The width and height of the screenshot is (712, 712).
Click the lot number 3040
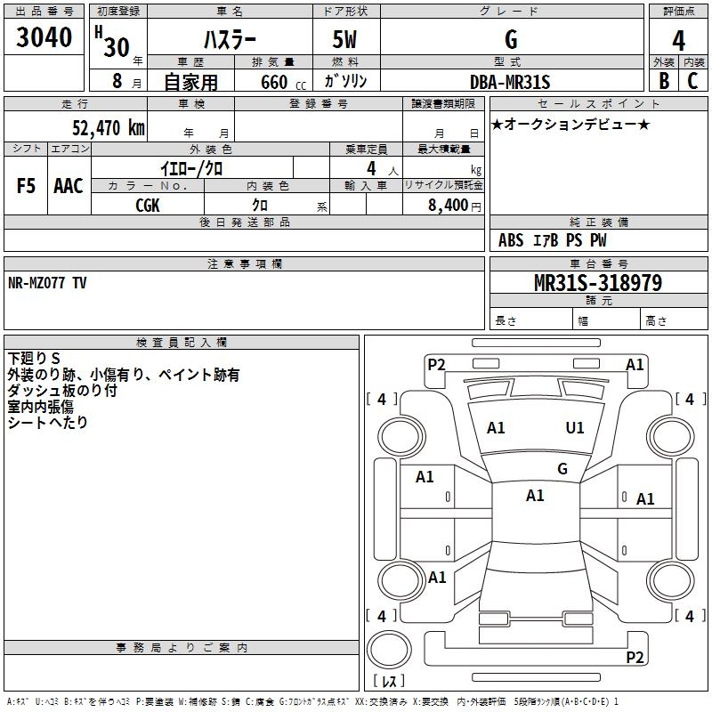44,39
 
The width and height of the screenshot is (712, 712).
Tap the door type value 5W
345,41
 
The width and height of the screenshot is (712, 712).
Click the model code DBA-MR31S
510,82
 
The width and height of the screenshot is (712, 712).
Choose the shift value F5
26,186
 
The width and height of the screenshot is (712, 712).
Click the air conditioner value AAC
69,186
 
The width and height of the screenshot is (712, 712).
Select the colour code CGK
148,205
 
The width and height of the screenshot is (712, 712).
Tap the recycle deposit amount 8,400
447,205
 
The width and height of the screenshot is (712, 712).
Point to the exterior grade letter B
663,81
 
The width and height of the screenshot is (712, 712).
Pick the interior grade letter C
692,81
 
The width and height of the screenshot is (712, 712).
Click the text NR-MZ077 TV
48,282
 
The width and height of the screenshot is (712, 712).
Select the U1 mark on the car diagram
575,428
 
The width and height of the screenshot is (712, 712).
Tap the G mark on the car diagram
562,469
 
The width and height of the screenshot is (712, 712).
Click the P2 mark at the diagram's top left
436,364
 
